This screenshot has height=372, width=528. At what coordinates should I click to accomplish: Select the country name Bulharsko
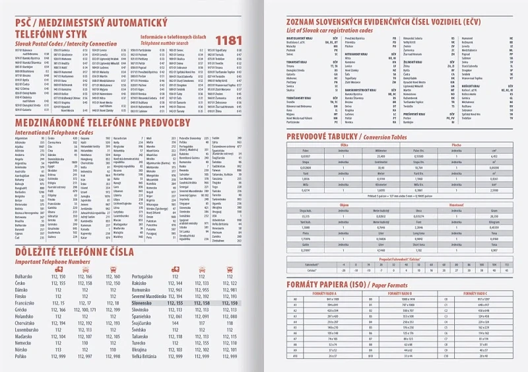pyautogui.click(x=24, y=277)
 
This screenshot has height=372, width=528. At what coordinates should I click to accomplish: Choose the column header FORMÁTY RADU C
pyautogui.click(x=479, y=292)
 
